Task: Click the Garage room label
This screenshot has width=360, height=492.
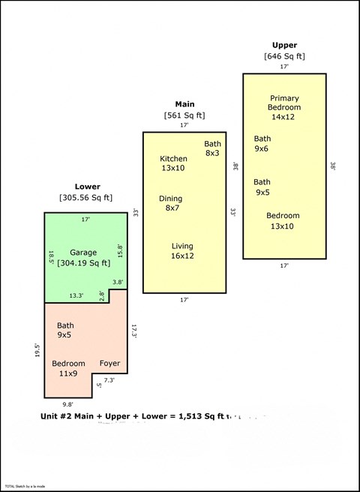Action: tap(83, 253)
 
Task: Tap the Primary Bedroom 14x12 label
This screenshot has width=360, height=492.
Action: tap(284, 107)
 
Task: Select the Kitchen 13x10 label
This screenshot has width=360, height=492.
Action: tap(173, 163)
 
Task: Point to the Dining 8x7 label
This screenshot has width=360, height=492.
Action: tap(171, 203)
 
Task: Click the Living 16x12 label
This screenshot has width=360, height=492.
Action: tap(182, 251)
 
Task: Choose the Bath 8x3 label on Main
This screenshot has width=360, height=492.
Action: tap(213, 148)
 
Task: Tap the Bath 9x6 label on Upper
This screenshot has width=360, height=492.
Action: tap(262, 143)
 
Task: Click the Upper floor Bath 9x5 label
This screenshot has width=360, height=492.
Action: tap(262, 187)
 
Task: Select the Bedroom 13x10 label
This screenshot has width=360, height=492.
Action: tap(282, 220)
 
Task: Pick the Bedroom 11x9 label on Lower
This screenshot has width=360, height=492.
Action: tap(68, 368)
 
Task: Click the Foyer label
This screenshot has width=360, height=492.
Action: tap(109, 364)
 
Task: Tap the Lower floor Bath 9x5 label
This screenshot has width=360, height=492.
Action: tap(66, 330)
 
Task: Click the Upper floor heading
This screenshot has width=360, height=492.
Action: tap(284, 45)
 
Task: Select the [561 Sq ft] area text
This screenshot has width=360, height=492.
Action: tap(184, 115)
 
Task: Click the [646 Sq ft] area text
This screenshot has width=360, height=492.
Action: tap(284, 56)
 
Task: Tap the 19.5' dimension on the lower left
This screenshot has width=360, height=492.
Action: tap(37, 351)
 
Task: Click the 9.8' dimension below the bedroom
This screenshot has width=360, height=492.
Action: tap(68, 404)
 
